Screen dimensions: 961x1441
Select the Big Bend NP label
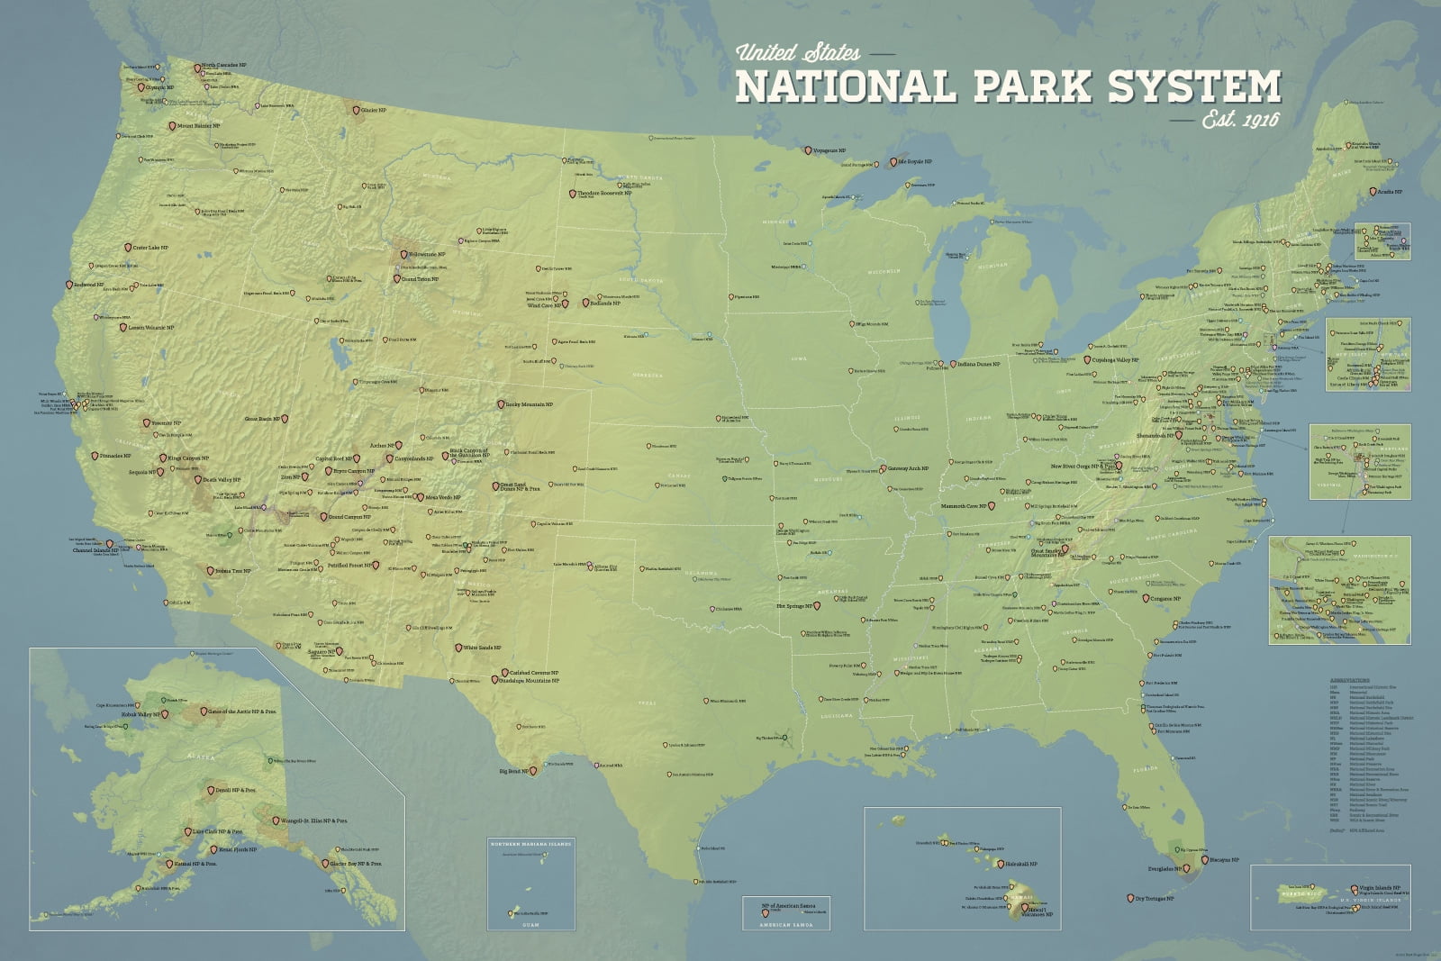point(514,771)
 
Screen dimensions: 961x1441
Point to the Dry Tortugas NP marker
point(1130,899)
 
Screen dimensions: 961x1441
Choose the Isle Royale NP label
point(914,162)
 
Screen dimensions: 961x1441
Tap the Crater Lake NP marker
point(127,248)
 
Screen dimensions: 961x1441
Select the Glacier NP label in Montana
point(374,110)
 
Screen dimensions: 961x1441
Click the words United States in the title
point(797,52)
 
